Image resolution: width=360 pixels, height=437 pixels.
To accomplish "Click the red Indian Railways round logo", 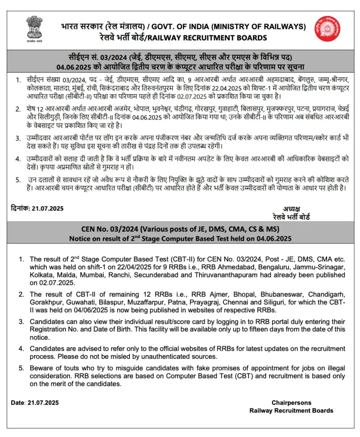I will coord(327,29).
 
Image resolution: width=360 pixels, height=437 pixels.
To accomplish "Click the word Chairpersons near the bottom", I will coord(291,402).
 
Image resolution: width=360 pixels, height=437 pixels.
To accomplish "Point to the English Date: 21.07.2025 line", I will coord(35,402).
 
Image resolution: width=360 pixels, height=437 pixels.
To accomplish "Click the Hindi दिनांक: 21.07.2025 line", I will coord(37,208).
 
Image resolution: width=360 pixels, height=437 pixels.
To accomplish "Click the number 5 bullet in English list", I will coord(20,368).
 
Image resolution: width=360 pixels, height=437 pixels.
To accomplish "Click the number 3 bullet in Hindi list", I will coord(18,138).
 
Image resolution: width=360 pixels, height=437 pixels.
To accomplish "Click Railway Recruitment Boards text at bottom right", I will coord(291,411).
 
